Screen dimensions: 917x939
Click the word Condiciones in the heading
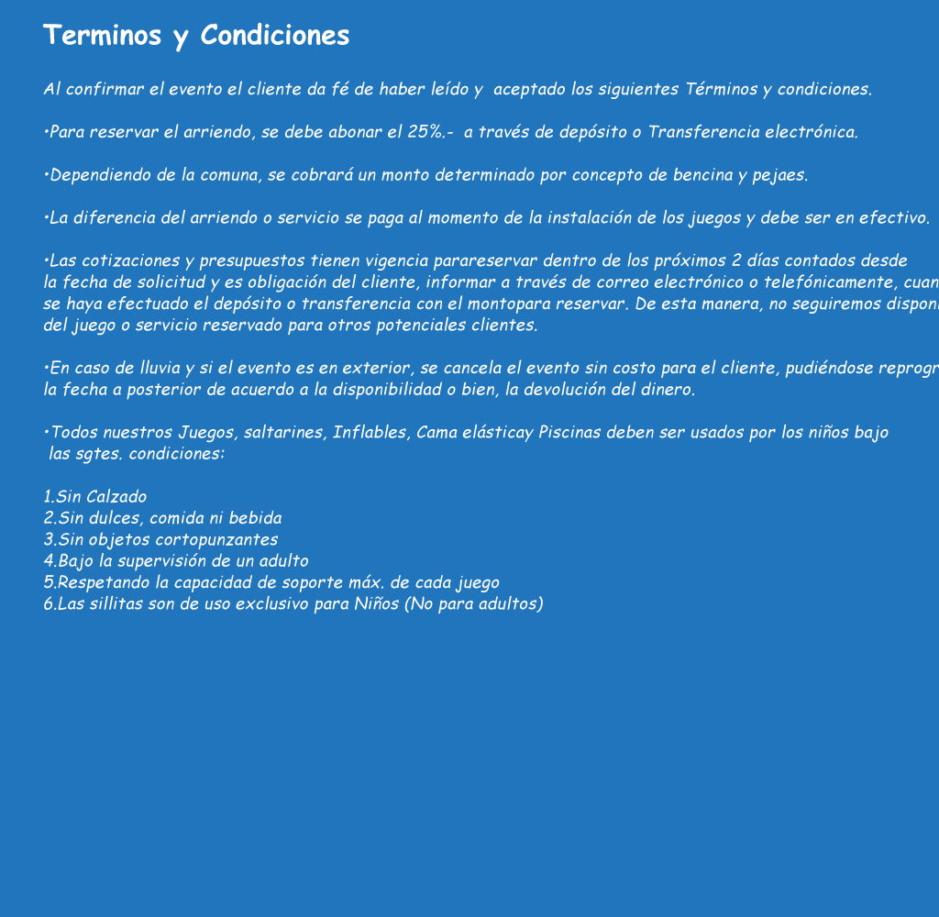tap(274, 35)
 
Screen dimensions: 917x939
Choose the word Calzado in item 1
tap(115, 497)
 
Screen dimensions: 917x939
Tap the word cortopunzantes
tap(221, 540)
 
